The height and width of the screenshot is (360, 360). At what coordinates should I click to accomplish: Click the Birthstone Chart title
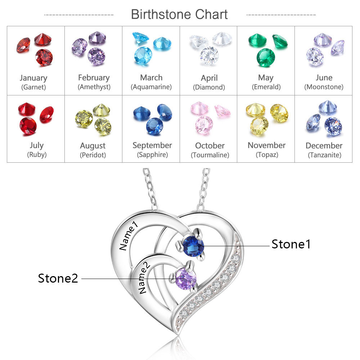tap(179, 14)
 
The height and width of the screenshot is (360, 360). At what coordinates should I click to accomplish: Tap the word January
tap(33, 78)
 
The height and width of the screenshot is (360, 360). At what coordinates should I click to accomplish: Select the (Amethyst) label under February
tap(94, 87)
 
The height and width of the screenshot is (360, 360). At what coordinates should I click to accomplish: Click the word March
tap(151, 77)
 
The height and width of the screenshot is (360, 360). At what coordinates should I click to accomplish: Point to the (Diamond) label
tap(209, 87)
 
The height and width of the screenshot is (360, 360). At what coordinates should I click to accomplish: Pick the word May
tap(266, 77)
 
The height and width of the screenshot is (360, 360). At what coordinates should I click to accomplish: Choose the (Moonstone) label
tap(324, 87)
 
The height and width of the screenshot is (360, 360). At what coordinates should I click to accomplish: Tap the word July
tap(37, 145)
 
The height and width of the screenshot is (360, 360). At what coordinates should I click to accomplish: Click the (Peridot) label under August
tap(93, 155)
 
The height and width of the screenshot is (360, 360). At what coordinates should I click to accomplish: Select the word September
tap(152, 145)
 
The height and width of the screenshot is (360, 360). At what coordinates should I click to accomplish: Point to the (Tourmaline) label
tap(210, 155)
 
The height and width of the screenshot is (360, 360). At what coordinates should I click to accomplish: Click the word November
tap(266, 145)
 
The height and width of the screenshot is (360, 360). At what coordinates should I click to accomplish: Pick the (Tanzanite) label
tap(324, 155)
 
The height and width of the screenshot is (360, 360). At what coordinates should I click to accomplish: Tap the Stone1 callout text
tap(291, 244)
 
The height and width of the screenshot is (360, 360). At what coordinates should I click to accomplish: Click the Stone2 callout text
tap(58, 278)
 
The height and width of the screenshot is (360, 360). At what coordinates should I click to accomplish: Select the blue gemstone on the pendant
tap(193, 246)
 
